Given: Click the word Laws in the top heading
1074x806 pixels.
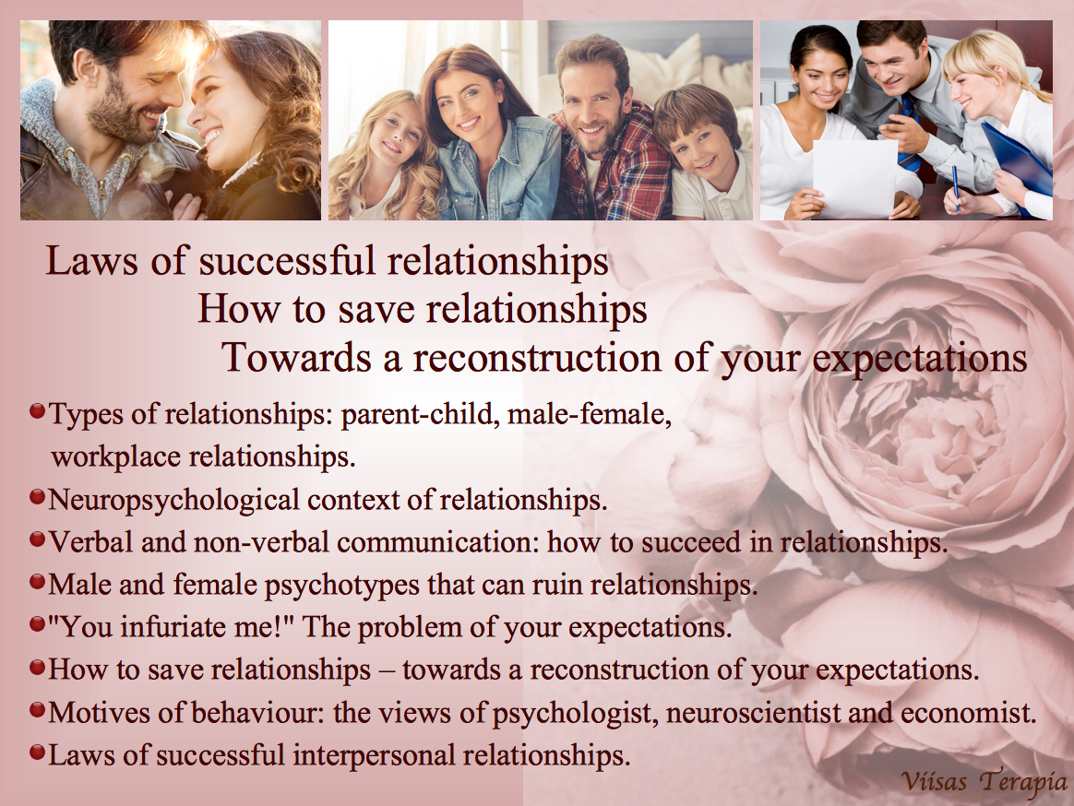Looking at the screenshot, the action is coord(91,261).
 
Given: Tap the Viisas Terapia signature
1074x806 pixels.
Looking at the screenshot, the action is coord(984,781).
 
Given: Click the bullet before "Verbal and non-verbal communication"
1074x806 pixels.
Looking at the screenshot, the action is coord(38,539).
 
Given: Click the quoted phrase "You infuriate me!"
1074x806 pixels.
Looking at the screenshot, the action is coord(172,626).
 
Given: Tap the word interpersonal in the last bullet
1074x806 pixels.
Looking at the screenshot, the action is coord(374,755).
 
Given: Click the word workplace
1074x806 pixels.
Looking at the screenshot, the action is coord(115,456).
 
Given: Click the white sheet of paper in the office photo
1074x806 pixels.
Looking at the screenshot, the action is coord(855,177).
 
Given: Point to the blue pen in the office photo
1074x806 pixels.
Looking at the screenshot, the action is coord(956,188).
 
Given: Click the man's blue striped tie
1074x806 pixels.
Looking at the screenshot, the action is coord(910,135).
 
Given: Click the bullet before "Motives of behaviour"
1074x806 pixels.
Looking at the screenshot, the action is coord(38,710).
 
